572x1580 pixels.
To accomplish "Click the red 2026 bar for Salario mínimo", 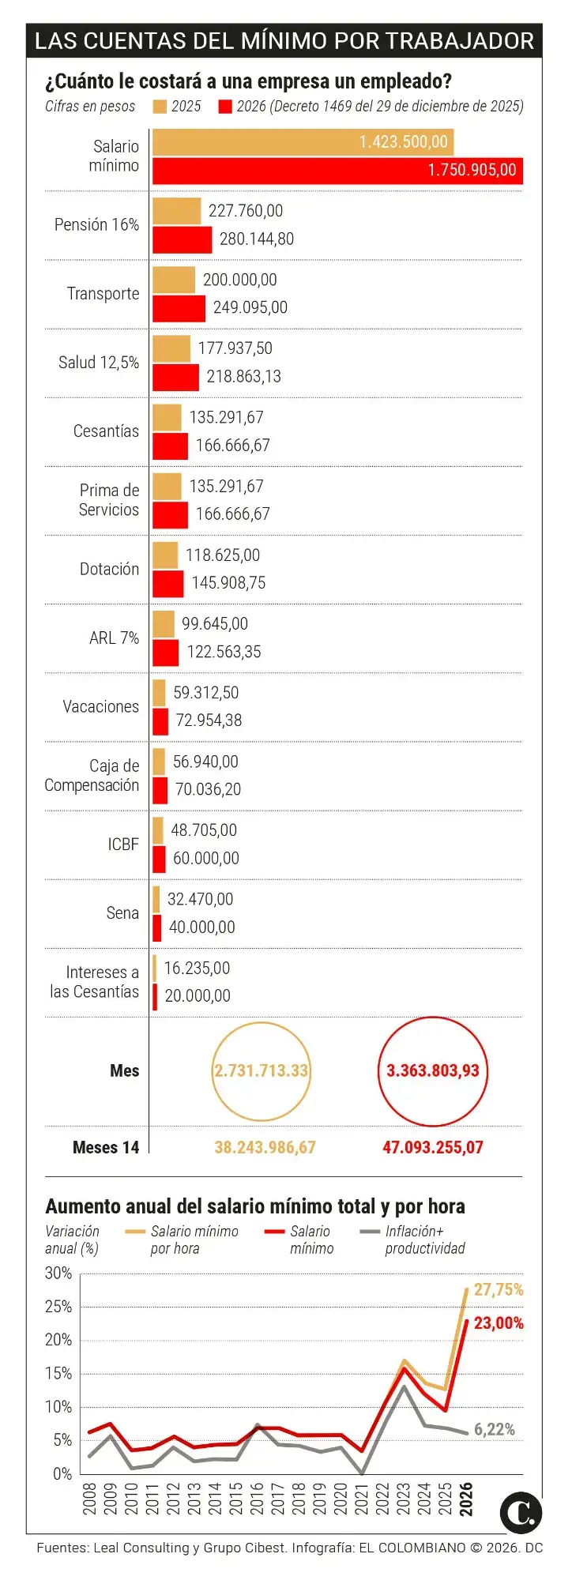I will click(x=337, y=171).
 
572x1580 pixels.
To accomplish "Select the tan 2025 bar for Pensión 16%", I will click(x=176, y=211).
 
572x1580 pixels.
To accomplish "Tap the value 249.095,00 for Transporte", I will click(x=250, y=307).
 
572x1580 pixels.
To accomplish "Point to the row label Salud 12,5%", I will click(x=99, y=363).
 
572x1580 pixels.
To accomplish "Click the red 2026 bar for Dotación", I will click(x=167, y=584).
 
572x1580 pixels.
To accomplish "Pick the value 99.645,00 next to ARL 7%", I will click(x=214, y=624).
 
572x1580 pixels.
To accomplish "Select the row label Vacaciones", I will click(x=100, y=706).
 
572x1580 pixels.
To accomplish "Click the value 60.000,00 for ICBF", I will click(x=205, y=858).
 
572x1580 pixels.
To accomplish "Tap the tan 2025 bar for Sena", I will click(x=156, y=899).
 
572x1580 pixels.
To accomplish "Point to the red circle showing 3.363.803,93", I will click(x=432, y=1071).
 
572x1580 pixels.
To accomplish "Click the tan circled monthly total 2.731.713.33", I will click(x=261, y=1071).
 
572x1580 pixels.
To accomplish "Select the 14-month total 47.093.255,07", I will click(x=432, y=1147).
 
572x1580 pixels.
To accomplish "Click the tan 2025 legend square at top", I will click(x=160, y=107).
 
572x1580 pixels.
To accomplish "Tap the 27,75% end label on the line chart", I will click(x=499, y=1290).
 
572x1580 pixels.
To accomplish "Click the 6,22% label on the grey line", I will click(x=495, y=1429).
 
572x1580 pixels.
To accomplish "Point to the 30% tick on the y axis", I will click(x=58, y=1273).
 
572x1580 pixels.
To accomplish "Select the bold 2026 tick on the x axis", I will click(x=466, y=1499).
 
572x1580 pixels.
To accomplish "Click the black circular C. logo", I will click(x=521, y=1513).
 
